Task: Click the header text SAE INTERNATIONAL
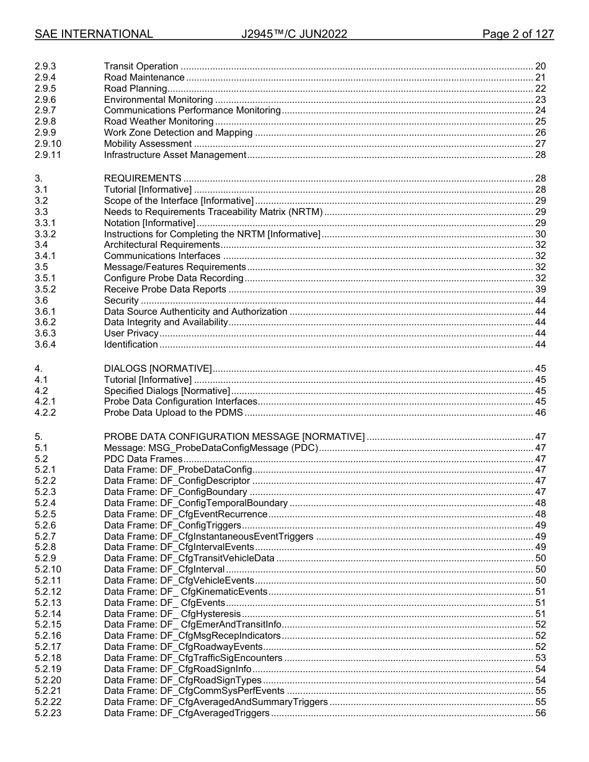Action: coord(94,34)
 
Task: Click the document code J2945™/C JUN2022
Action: coord(294,34)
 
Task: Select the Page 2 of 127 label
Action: coord(518,34)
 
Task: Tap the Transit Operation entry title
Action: coord(141,66)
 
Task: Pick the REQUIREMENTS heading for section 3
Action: coord(143,179)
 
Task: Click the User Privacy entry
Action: coord(131,333)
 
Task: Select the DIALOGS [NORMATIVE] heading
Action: coord(157,369)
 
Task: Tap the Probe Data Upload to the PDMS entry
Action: coord(173,413)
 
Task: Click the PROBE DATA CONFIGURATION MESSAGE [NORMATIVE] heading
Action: coord(234,437)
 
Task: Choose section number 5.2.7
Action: coord(45,536)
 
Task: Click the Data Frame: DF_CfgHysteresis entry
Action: coord(172,613)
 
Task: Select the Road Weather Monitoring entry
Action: coord(158,121)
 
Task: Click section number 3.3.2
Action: coord(45,234)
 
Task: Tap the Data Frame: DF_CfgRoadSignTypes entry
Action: coord(183,680)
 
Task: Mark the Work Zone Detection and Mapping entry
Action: coord(178,133)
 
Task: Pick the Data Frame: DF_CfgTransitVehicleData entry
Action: coord(189,558)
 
